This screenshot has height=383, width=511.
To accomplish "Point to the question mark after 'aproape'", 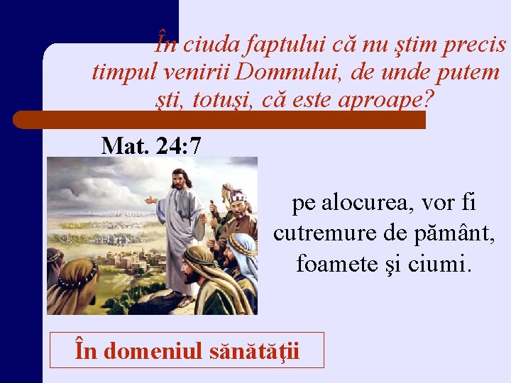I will (424, 99).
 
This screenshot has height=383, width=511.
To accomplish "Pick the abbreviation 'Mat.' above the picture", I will (124, 146).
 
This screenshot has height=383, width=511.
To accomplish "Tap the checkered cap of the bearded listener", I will (238, 195).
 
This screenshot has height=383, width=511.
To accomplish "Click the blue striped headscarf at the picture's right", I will (243, 248).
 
